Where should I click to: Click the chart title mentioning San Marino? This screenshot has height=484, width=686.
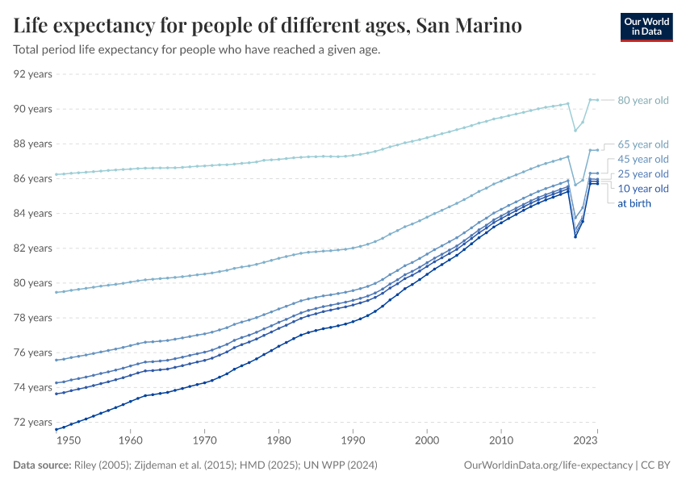[267, 26]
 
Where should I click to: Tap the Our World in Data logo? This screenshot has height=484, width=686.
[646, 27]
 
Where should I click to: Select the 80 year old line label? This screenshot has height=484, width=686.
[643, 100]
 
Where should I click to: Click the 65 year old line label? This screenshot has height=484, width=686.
[643, 144]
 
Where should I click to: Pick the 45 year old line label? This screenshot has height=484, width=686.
[643, 159]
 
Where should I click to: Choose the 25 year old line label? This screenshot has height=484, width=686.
[643, 174]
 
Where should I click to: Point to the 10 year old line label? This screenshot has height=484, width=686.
[643, 189]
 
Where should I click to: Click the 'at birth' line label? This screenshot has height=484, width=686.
[634, 203]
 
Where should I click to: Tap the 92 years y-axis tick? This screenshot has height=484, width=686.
[33, 74]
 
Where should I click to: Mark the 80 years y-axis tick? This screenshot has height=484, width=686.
[33, 283]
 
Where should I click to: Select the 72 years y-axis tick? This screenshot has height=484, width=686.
[33, 423]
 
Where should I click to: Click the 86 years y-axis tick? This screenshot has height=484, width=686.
[33, 178]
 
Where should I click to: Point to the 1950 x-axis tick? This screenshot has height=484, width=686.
[69, 441]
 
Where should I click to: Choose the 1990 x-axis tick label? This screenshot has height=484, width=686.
[353, 441]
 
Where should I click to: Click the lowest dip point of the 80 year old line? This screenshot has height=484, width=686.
[575, 131]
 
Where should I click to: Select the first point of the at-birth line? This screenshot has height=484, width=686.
[55, 429]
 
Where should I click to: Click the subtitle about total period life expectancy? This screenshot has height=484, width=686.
[197, 50]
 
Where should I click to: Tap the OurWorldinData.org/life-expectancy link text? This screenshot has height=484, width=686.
[549, 465]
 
